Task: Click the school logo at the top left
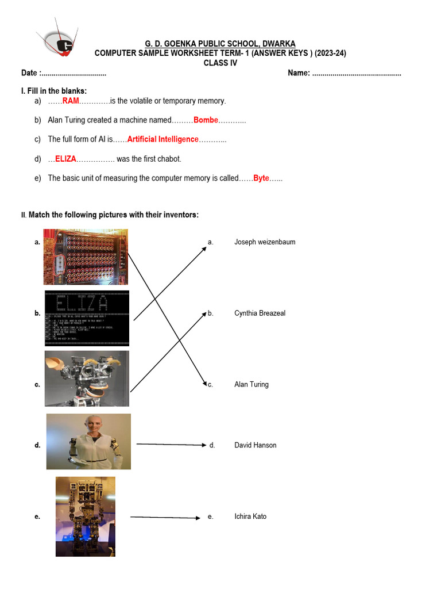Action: tap(57, 41)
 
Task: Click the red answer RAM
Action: tap(71, 101)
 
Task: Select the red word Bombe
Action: tap(206, 120)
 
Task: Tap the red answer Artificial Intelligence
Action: tap(163, 139)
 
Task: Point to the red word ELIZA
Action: tap(65, 159)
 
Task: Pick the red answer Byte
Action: tap(261, 178)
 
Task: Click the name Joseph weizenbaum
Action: tap(265, 242)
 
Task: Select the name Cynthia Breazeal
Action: tap(260, 313)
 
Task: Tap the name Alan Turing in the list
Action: tap(251, 384)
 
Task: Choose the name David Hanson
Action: tap(255, 445)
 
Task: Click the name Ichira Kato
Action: tap(250, 517)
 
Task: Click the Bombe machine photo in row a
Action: tap(86, 257)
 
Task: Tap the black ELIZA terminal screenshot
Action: tap(87, 318)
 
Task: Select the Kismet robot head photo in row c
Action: tap(87, 378)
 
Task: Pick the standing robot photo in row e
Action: tap(85, 516)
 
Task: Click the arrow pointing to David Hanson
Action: tap(171, 445)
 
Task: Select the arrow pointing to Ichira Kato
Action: tap(165, 518)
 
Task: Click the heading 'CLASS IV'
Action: tap(220, 63)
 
